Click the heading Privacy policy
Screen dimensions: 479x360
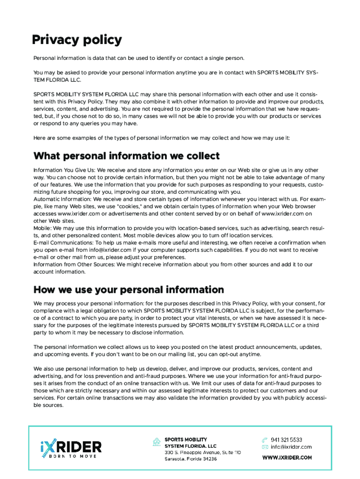[77, 40]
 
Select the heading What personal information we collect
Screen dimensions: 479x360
[126, 156]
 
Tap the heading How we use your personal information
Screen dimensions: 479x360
[129, 290]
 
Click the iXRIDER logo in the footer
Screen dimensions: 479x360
[71, 447]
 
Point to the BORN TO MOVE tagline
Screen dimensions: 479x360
[71, 456]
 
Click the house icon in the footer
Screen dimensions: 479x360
[157, 442]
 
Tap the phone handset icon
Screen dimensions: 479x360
[264, 440]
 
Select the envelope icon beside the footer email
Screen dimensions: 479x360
[264, 447]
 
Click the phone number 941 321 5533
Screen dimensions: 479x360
[286, 440]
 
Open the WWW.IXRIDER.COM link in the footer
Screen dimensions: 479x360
[287, 458]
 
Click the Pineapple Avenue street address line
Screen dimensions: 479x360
[202, 452]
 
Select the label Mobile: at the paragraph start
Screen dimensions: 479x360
[43, 228]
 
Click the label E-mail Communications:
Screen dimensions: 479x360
[63, 243]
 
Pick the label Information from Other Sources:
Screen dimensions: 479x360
[74, 264]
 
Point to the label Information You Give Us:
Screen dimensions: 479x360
[64, 170]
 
